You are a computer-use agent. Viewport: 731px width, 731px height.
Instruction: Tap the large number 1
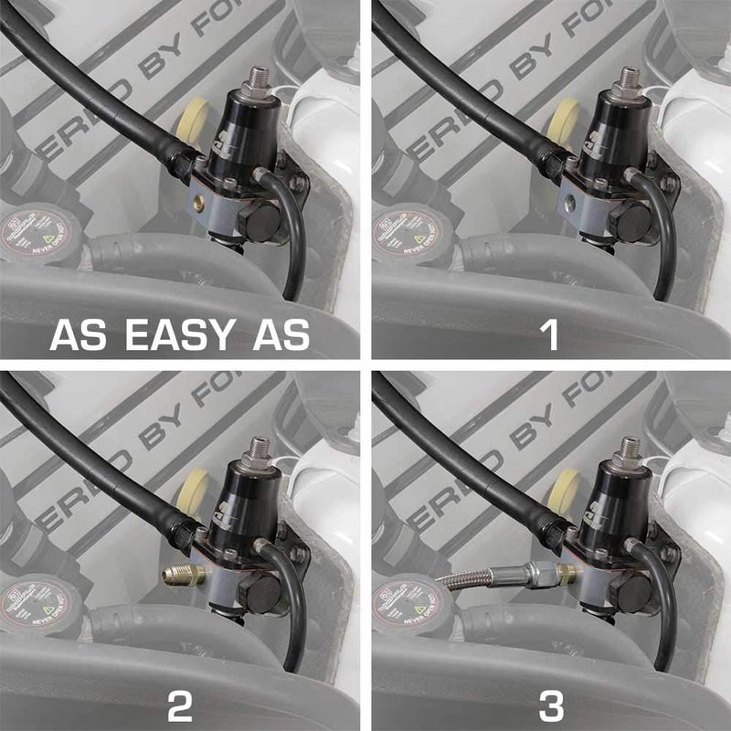pos(550,335)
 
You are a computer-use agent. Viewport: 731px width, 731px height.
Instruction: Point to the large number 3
pos(550,705)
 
